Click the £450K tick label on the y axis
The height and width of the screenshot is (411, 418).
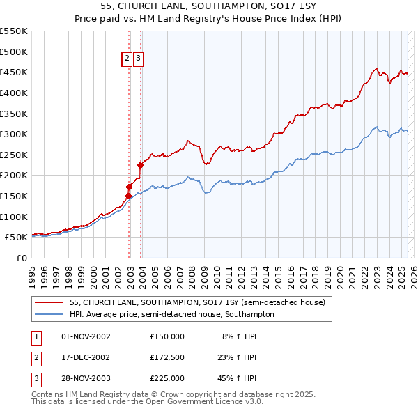[14, 72]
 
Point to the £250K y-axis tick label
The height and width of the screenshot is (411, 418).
[14, 155]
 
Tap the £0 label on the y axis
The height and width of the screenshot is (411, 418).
[21, 258]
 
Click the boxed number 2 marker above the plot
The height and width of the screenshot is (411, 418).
[127, 59]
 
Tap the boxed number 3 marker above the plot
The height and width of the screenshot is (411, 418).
[138, 59]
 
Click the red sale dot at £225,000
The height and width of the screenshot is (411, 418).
[140, 165]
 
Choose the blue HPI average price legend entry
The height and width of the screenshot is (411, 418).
[171, 314]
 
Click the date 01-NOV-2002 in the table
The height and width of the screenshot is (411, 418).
[86, 336]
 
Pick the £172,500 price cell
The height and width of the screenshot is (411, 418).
[167, 357]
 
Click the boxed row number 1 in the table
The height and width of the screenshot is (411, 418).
[36, 336]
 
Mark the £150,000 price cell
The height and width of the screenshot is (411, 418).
[167, 336]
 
